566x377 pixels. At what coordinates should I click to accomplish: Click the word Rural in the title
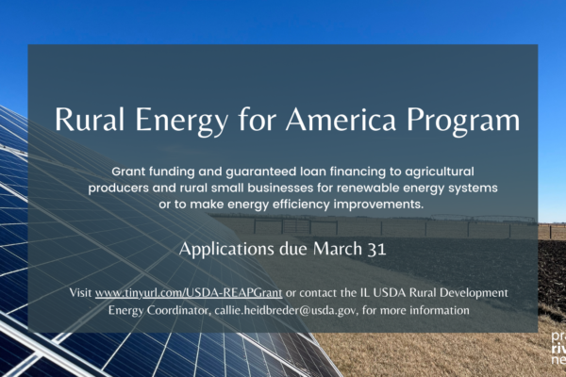tap(90, 119)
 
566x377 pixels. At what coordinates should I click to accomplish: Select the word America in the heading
tap(341, 119)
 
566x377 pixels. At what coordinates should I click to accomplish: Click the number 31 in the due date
tap(376, 249)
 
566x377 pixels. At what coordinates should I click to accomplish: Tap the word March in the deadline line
tap(338, 249)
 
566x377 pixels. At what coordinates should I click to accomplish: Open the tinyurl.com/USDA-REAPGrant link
tap(189, 292)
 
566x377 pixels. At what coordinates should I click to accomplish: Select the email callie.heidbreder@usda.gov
tap(286, 310)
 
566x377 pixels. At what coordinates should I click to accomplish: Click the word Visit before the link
tap(80, 292)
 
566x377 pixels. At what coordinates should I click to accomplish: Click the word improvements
tap(378, 205)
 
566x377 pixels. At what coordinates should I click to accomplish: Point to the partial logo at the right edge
tap(558, 348)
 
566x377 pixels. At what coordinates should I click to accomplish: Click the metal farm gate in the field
tap(296, 226)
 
